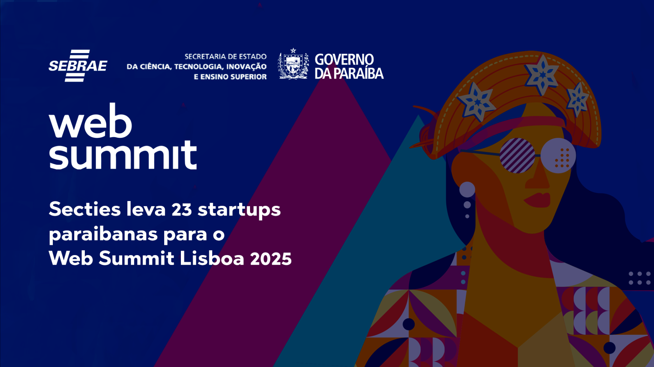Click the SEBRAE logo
pos(78,66)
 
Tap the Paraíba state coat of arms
pos(293,65)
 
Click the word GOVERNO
pos(344,60)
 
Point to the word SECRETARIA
pos(205,56)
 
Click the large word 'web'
pos(90,121)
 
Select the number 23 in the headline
pos(182,209)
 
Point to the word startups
pos(239,210)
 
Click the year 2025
pos(271,258)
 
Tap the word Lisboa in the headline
pos(212,258)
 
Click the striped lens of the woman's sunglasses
pos(517,155)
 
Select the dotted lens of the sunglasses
pos(558,155)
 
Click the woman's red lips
pos(538,199)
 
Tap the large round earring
pos(467,189)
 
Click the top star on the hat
pos(542,74)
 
